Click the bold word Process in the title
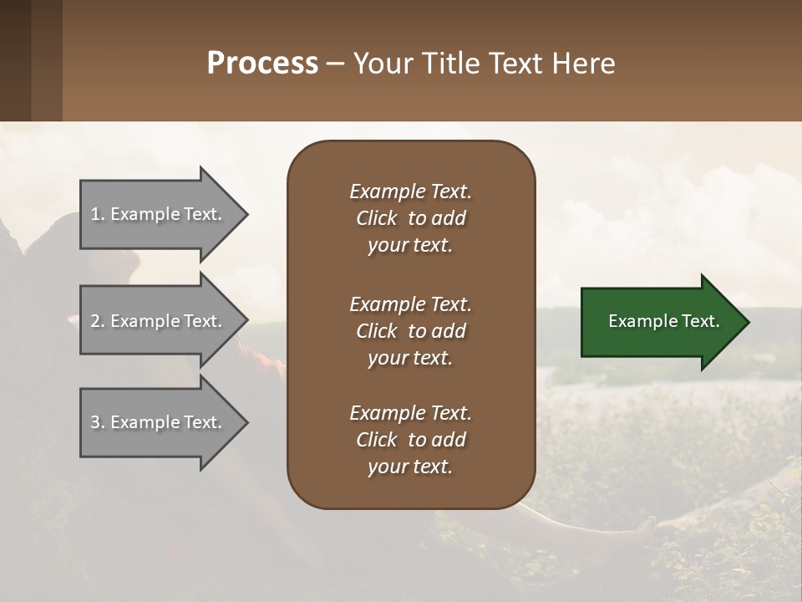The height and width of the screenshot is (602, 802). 262,64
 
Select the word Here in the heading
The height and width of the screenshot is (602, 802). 584,64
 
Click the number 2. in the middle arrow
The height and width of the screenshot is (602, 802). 97,321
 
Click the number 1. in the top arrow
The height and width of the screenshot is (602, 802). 97,214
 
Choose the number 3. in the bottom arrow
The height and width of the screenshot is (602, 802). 97,422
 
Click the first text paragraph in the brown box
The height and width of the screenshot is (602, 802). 410,218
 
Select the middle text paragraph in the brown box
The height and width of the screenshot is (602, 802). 410,331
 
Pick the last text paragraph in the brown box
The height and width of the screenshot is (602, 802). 410,440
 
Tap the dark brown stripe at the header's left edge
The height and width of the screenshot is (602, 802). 15,60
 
